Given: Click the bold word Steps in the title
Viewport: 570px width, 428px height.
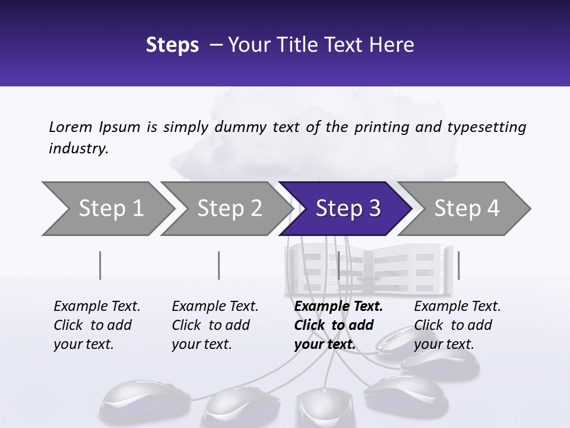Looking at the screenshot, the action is [172, 45].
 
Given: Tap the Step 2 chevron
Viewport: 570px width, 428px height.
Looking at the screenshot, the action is [227, 209].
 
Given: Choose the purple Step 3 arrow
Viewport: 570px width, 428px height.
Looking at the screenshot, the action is [346, 209].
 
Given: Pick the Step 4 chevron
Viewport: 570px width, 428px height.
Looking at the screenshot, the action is [464, 209].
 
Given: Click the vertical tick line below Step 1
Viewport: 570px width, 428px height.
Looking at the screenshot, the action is [100, 265].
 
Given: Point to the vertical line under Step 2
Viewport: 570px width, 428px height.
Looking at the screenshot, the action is [219, 265].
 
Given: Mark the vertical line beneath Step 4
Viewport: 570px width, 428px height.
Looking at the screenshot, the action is [459, 265].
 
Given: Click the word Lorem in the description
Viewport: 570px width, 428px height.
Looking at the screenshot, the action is [71, 127].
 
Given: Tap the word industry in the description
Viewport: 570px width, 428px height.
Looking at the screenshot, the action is [78, 149].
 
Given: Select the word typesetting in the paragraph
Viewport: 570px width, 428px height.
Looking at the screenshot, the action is [487, 127].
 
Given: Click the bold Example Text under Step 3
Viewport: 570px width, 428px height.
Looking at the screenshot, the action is [338, 306].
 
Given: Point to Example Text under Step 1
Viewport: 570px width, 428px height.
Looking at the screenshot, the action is [97, 306].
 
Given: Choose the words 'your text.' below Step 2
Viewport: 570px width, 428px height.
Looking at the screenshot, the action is [202, 344].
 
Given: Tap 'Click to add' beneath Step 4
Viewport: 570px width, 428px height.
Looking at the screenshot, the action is [453, 325].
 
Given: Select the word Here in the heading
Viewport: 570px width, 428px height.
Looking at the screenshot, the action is [391, 45].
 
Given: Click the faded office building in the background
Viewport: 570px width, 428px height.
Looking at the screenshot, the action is [369, 269].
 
